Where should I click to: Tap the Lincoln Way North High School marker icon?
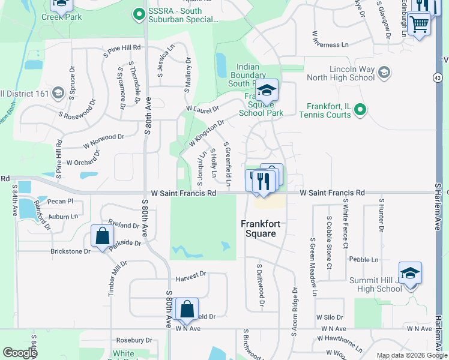(384, 73)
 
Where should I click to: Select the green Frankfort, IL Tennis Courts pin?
(360, 109)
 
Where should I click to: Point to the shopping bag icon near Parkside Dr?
(102, 236)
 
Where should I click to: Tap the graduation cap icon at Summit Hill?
(410, 273)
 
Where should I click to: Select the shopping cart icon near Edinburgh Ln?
(419, 23)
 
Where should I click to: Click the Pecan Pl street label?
(61, 202)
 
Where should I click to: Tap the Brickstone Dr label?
(70, 251)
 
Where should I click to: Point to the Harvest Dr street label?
(191, 274)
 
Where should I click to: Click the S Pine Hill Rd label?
(122, 47)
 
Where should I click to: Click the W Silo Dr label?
(330, 317)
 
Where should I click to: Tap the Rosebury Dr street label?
(134, 340)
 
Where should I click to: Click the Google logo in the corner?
(20, 353)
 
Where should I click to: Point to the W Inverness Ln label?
(330, 44)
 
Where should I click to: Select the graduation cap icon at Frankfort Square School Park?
(266, 91)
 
